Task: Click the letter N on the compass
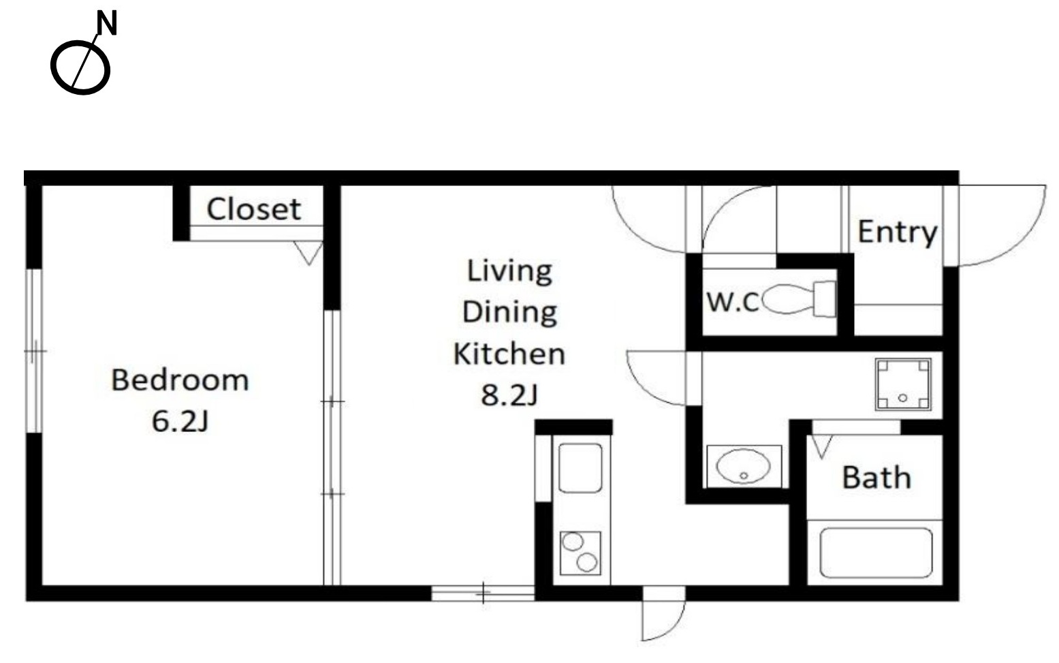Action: pyautogui.click(x=107, y=23)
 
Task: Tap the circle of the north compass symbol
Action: pyautogui.click(x=52, y=67)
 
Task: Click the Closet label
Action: pyautogui.click(x=254, y=209)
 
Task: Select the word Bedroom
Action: pyautogui.click(x=180, y=380)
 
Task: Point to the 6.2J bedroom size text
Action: pyautogui.click(x=180, y=421)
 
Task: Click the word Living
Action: pyautogui.click(x=509, y=272)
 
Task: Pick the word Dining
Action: pyautogui.click(x=509, y=313)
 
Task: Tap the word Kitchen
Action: pyautogui.click(x=509, y=354)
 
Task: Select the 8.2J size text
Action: pyautogui.click(x=509, y=395)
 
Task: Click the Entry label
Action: pyautogui.click(x=898, y=232)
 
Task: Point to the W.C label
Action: pyautogui.click(x=733, y=302)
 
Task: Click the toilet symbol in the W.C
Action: pyautogui.click(x=799, y=299)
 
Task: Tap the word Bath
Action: pyautogui.click(x=876, y=478)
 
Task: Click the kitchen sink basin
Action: pyautogui.click(x=580, y=467)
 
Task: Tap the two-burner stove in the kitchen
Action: pyautogui.click(x=580, y=553)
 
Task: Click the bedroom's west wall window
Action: pyautogui.click(x=34, y=350)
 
